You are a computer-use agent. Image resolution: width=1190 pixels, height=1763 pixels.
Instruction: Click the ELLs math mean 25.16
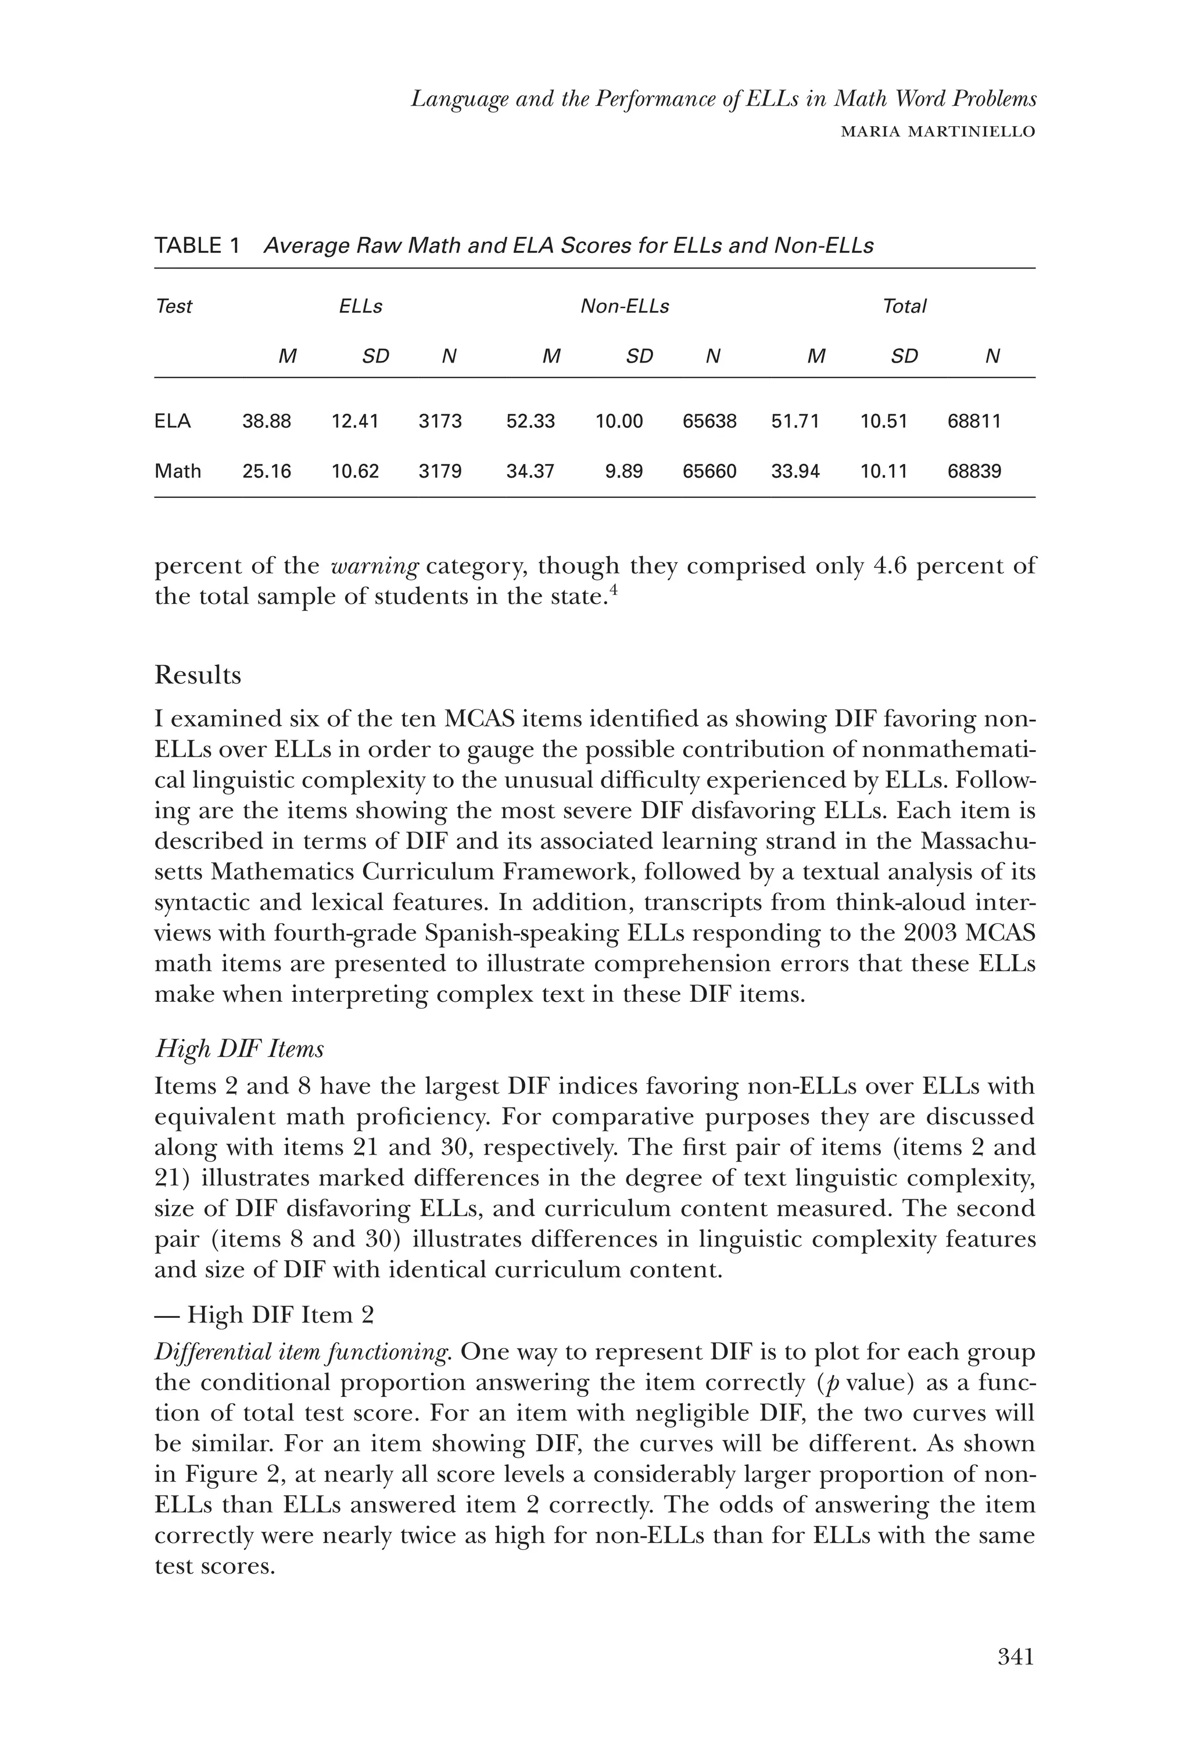[x=266, y=471]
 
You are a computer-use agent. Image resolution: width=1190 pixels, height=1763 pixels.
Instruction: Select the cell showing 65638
[x=709, y=421]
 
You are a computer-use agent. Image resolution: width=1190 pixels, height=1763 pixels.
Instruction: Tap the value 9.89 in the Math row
[x=623, y=471]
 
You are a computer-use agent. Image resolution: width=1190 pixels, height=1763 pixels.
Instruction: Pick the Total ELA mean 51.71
[x=795, y=421]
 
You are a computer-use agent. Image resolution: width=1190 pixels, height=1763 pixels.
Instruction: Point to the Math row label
[x=177, y=471]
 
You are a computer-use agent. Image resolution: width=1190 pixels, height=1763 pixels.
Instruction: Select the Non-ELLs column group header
[x=624, y=306]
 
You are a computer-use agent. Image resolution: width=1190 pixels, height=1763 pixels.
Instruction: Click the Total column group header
[x=904, y=306]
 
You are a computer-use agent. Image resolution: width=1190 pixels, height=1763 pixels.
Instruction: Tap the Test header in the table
[x=174, y=306]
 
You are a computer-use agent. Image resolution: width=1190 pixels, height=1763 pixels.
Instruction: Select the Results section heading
[x=198, y=675]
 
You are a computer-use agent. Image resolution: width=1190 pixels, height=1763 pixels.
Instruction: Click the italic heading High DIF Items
[x=239, y=1048]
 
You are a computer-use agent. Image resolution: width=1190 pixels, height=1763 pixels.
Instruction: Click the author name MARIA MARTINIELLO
[x=938, y=132]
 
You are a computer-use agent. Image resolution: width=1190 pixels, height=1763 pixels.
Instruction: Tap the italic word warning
[x=375, y=566]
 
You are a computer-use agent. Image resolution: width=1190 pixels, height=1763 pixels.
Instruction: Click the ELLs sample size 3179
[x=440, y=471]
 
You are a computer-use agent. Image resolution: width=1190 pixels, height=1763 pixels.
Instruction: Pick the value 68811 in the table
[x=974, y=421]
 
